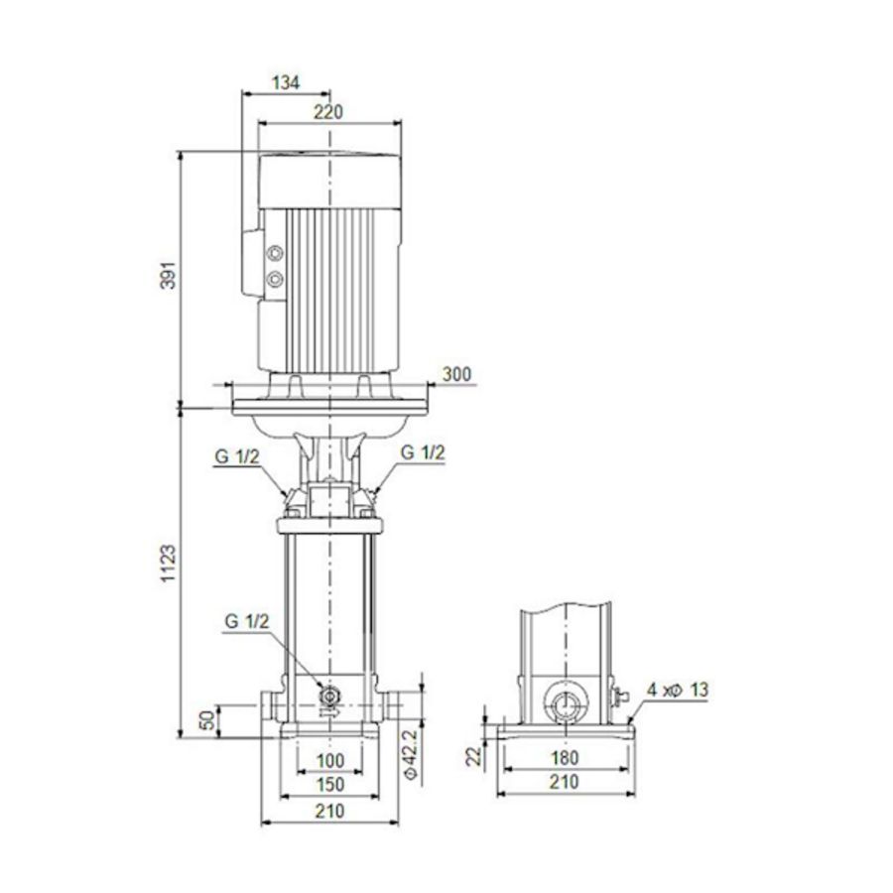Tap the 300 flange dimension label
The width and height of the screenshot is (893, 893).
click(456, 374)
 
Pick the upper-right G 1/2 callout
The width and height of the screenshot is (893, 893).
click(424, 451)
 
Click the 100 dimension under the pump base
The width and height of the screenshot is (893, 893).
click(329, 761)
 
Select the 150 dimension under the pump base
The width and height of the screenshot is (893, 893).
click(329, 785)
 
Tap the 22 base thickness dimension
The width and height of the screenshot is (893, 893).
click(474, 757)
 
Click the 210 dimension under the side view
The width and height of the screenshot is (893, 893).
click(564, 783)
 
